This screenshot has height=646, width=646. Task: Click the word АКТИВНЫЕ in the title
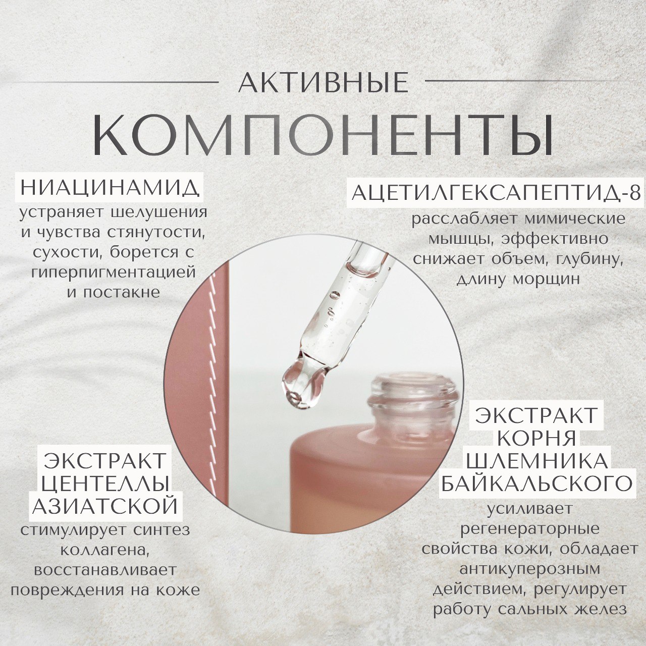click(x=324, y=82)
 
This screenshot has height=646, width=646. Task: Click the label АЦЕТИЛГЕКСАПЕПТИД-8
click(x=497, y=193)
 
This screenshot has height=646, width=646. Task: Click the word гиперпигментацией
click(x=114, y=273)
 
